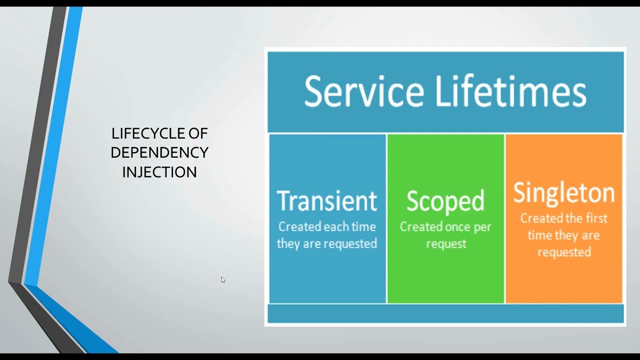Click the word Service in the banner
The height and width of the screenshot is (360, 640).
[363, 92]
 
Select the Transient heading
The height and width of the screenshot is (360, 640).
[327, 200]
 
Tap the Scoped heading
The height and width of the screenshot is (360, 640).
[445, 201]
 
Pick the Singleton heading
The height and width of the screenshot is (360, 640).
[563, 193]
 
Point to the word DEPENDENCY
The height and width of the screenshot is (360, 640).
[159, 152]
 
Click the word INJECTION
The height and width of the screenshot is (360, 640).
[159, 172]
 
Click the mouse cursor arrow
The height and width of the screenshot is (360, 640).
[223, 280]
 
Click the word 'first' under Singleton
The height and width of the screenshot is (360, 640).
[595, 218]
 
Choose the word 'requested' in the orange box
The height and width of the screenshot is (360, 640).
[564, 252]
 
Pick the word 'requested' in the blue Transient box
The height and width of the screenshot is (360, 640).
[349, 244]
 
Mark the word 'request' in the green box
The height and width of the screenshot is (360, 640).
[446, 244]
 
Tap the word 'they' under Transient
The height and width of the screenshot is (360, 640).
[288, 244]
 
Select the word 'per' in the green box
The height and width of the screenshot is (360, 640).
[482, 227]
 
